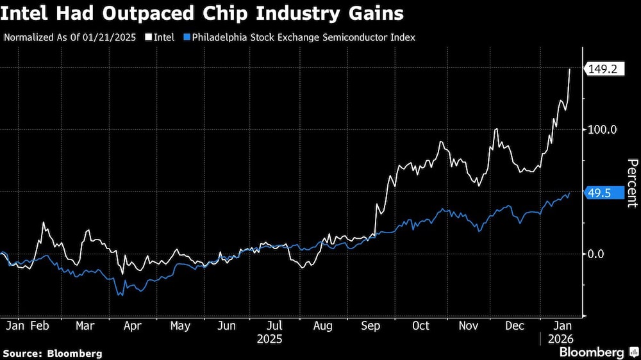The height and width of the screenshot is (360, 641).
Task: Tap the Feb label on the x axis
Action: [x=40, y=325]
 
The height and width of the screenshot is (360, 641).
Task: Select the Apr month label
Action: [x=133, y=325]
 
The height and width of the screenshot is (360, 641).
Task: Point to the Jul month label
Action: [x=275, y=325]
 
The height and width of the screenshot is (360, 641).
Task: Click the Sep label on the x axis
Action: [x=371, y=325]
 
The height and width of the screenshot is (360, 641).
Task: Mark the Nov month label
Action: [x=469, y=325]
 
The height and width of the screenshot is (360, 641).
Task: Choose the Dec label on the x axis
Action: [x=515, y=325]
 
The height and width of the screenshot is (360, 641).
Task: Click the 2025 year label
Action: [x=269, y=338]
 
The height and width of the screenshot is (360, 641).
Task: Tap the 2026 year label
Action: [x=560, y=338]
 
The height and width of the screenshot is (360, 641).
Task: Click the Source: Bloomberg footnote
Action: [x=52, y=353]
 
